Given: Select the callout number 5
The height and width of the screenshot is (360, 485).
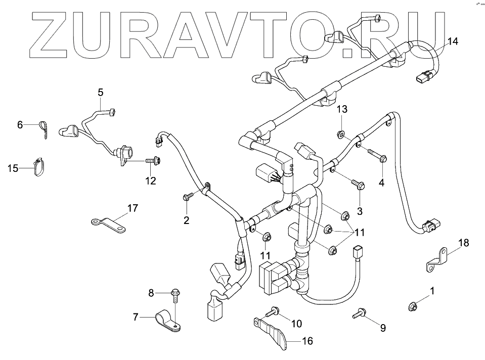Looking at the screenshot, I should click(100, 92).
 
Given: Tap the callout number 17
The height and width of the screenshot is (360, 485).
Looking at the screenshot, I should click(133, 208).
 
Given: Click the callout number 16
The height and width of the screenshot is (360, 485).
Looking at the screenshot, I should click(307, 341).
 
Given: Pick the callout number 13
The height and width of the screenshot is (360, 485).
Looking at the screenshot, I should click(342, 109).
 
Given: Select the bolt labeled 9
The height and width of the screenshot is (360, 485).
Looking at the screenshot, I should click(360, 313).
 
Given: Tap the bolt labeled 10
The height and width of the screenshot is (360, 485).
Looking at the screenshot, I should click(274, 312).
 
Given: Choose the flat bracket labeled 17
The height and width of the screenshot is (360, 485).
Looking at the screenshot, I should click(108, 224).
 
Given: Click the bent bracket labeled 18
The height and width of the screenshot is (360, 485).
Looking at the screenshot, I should click(437, 258).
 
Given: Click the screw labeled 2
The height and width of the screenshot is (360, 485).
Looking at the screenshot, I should click(188, 197).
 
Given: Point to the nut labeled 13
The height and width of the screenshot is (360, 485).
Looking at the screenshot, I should click(341, 134).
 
